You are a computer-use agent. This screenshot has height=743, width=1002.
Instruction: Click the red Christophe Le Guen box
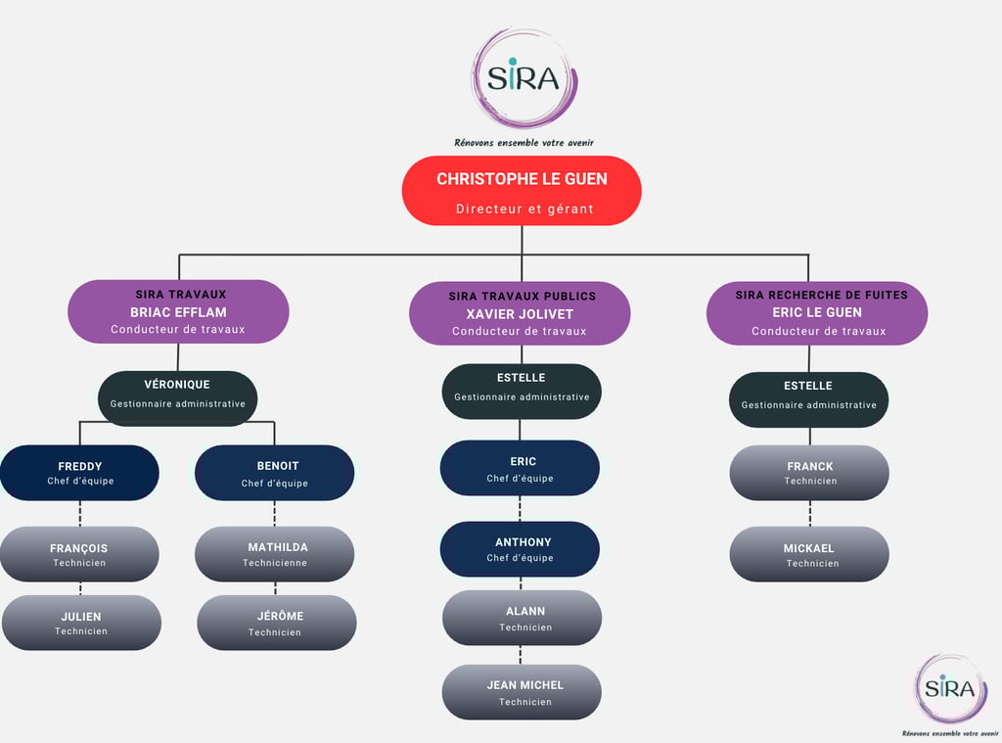point(522,191)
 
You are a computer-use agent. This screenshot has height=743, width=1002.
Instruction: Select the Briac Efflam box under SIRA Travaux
point(178,311)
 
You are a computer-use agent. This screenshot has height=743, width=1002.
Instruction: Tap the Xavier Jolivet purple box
point(520,313)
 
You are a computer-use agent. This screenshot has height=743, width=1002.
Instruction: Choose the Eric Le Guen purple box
point(817,312)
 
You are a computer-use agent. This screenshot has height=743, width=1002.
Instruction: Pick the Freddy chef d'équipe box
point(80,473)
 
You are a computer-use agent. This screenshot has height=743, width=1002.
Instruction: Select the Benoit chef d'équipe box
point(275,473)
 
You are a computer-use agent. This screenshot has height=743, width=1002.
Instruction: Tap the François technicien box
point(80,554)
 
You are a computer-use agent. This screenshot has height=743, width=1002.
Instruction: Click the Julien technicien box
point(81,623)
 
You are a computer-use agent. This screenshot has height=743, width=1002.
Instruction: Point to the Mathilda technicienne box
point(275,554)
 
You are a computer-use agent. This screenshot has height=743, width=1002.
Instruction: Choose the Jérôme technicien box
point(277,623)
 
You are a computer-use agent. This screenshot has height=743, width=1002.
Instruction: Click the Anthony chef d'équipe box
point(520,549)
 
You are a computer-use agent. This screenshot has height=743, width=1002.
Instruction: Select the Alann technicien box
point(522,618)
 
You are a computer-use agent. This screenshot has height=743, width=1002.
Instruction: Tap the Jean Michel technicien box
point(522,692)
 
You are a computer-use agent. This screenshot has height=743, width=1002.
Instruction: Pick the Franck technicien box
point(809,473)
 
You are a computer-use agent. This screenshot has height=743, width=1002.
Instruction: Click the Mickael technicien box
point(809,554)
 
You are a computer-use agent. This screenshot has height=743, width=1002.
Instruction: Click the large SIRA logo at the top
point(524,78)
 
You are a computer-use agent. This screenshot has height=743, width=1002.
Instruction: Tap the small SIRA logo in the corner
point(951,689)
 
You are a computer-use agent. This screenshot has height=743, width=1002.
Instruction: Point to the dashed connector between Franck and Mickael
point(809,514)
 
